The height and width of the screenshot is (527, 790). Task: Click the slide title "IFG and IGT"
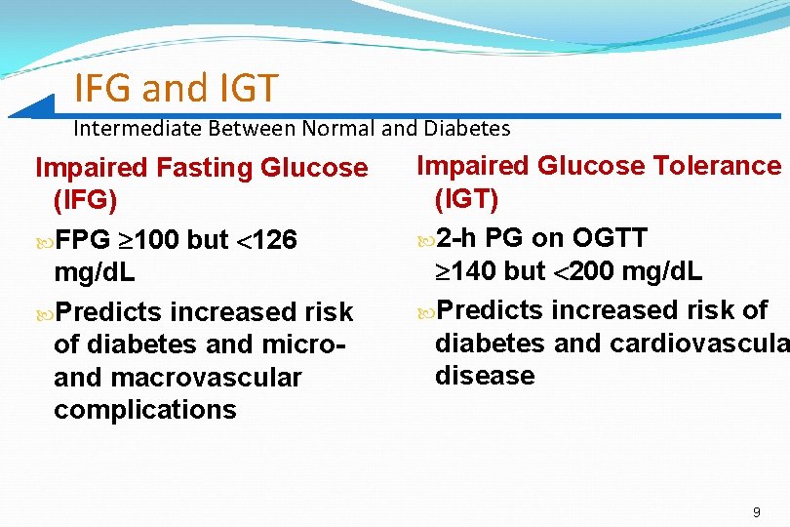[x=176, y=89]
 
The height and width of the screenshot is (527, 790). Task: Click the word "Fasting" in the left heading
[x=206, y=168]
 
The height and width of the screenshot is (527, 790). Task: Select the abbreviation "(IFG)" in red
[x=85, y=201]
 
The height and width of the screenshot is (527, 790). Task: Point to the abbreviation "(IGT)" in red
[x=466, y=199]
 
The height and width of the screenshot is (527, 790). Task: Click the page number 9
[x=757, y=512]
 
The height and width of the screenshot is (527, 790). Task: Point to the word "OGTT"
[x=609, y=238]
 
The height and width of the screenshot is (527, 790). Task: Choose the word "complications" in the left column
[x=145, y=410]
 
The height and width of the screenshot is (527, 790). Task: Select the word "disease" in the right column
[x=485, y=376]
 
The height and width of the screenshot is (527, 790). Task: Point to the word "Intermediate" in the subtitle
[x=136, y=128]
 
